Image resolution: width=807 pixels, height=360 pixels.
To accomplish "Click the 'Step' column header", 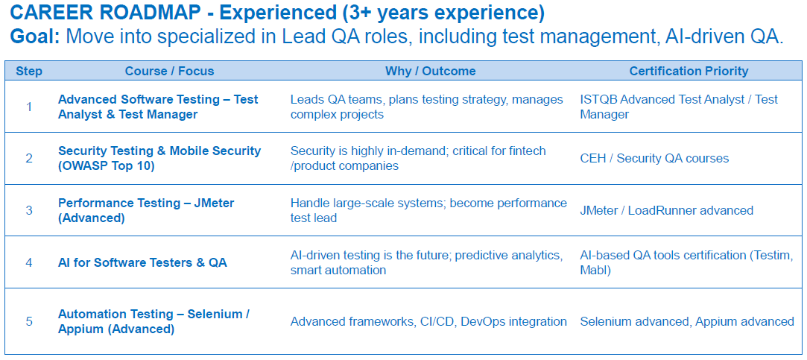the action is coord(29,71).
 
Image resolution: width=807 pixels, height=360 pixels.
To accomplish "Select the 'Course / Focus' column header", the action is coord(169,71).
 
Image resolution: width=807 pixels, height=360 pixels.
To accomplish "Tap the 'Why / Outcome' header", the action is coord(430,71).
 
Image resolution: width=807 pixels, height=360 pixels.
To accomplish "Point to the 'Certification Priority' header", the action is coord(689,71).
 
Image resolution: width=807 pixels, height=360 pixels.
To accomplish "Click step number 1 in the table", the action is coord(29,107).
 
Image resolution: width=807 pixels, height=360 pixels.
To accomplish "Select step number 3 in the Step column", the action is coord(29,210).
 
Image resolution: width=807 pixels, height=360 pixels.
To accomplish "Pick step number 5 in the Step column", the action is coord(29,321).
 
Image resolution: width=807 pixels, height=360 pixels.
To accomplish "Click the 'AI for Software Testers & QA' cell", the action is coord(142,262).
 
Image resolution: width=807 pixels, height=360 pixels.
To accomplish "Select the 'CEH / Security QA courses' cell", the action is coord(654,158).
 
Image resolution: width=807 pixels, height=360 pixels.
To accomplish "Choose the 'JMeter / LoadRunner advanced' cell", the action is coord(666,210).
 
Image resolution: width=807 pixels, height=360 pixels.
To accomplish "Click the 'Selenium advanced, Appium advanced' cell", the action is coord(686,321).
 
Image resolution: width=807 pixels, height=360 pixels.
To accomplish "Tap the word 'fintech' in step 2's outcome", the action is coord(527,151).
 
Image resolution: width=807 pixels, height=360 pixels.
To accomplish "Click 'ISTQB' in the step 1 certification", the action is coord(597,99).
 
